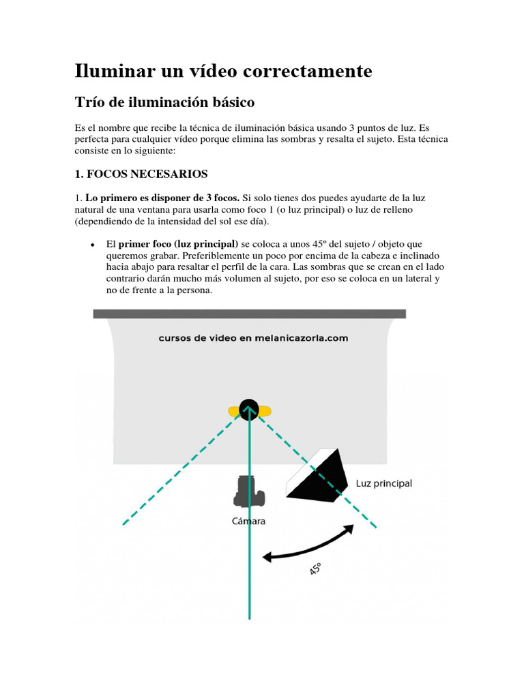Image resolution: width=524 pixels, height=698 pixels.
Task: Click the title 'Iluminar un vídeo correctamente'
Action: point(223,71)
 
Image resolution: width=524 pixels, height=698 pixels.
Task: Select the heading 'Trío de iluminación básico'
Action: point(164,103)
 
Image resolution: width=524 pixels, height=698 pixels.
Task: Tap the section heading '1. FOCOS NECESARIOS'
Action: point(141,173)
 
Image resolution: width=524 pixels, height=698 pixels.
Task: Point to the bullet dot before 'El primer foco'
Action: point(91,245)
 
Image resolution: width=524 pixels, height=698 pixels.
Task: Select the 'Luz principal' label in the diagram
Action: point(384,483)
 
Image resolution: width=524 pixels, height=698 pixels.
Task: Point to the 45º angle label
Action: point(315,568)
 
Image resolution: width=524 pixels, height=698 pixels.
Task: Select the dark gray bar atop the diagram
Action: point(249,314)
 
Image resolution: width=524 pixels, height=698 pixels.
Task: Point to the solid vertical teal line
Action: point(250,545)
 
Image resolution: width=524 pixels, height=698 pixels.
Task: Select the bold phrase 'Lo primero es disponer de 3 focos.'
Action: point(162,198)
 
